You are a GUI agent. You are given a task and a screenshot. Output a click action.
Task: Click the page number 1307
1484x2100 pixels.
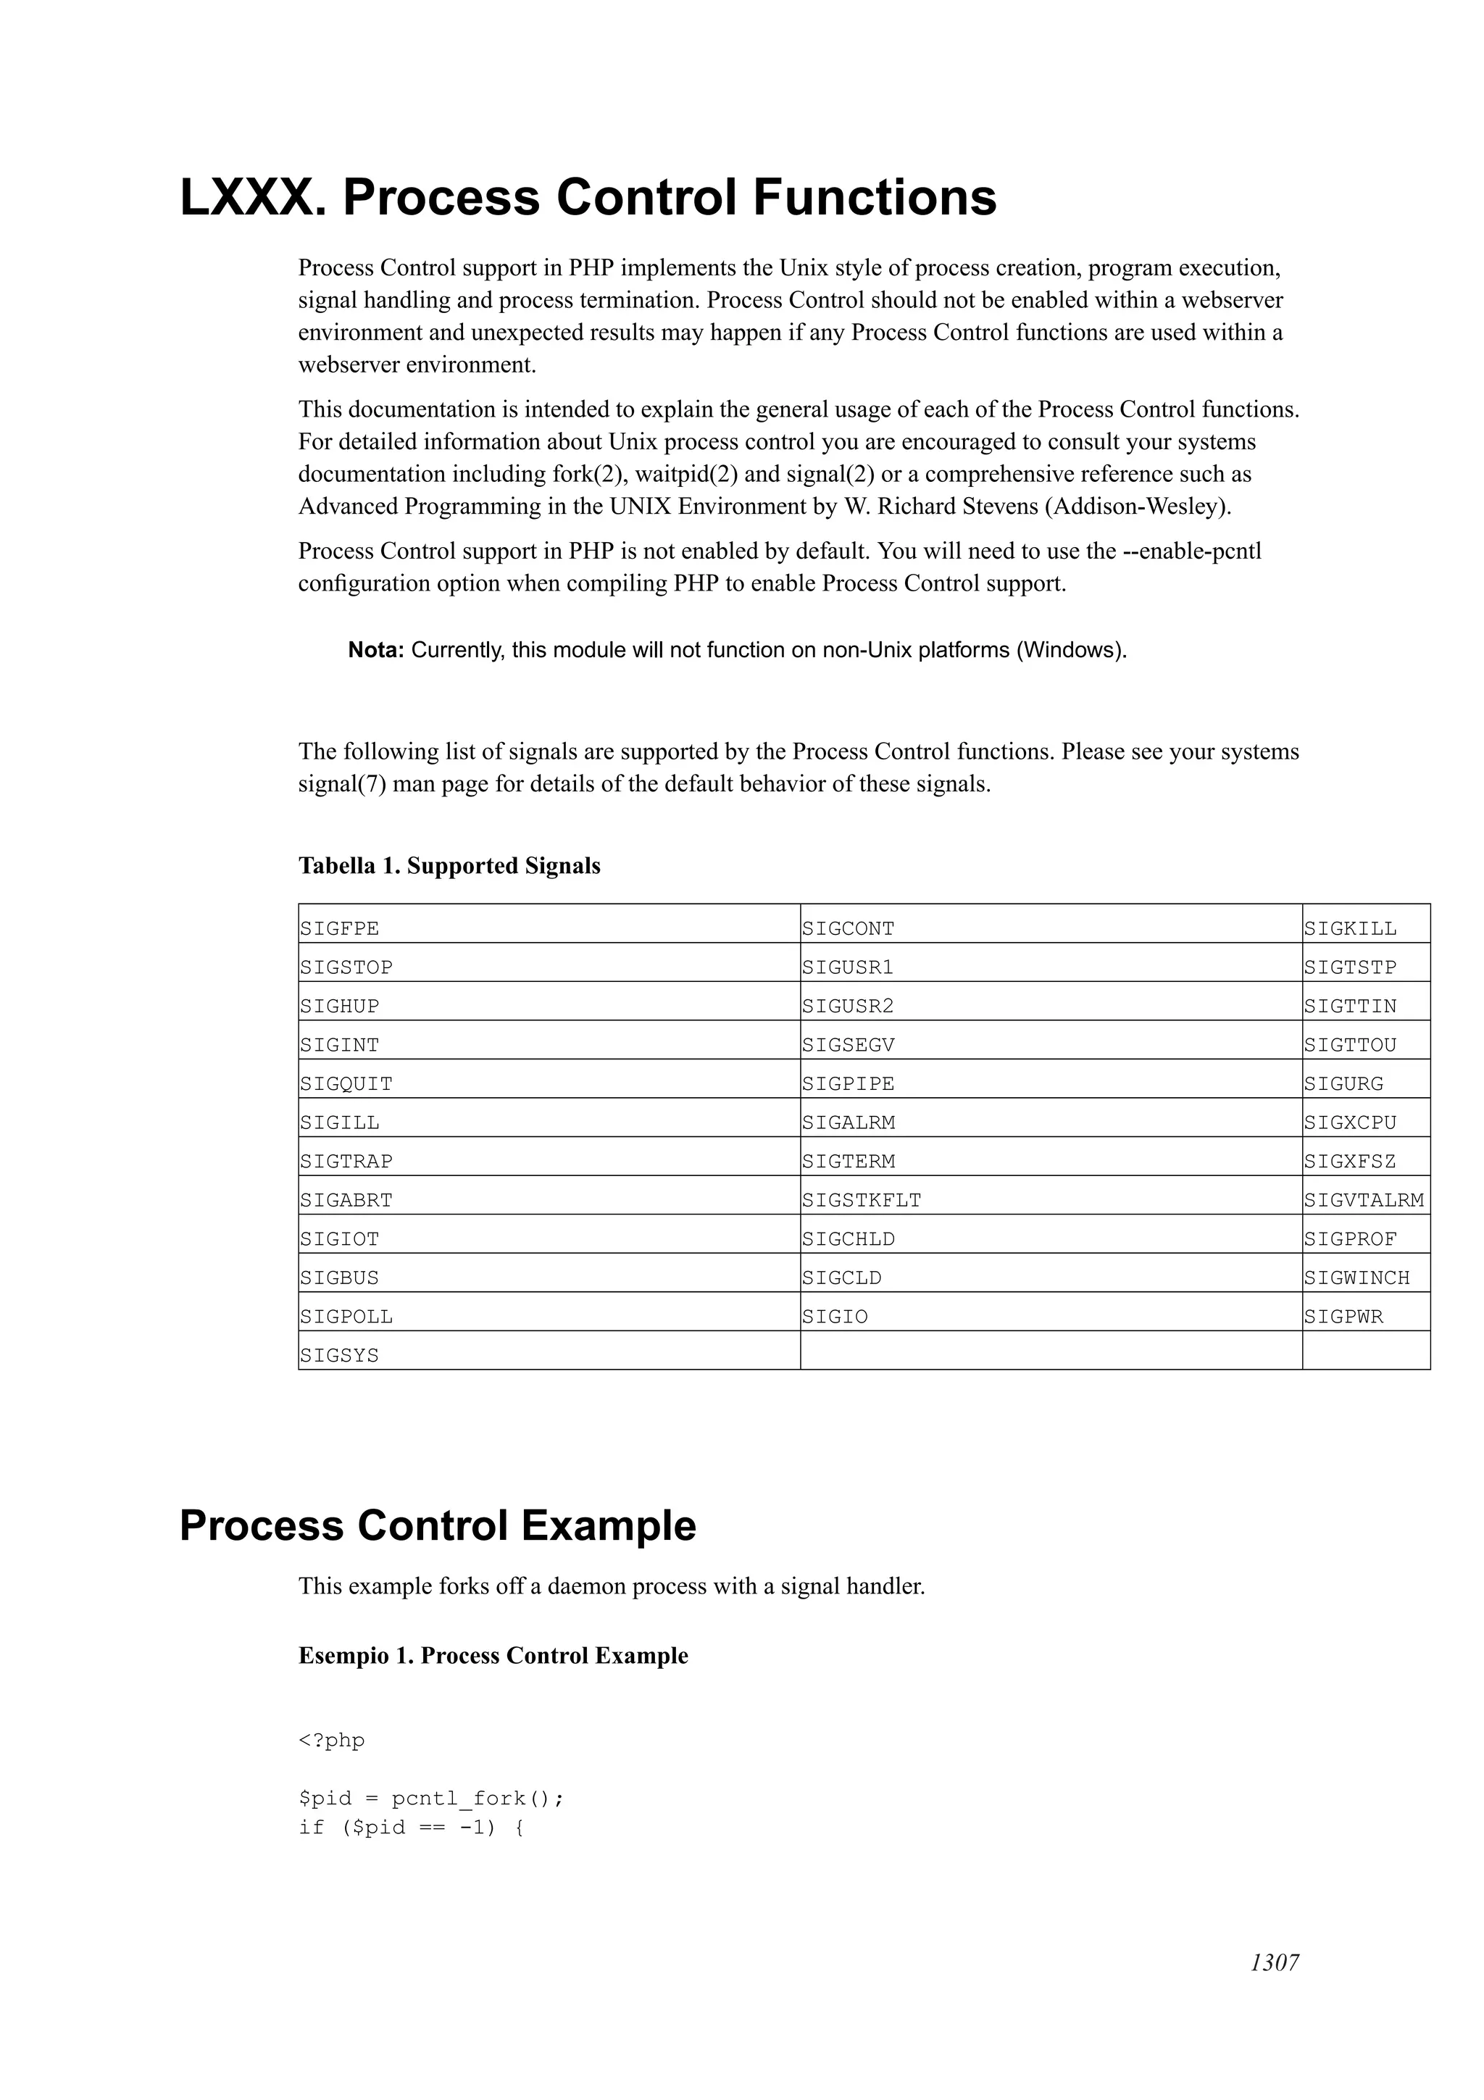[1274, 1988]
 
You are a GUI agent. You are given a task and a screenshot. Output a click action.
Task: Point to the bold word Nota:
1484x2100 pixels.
[376, 650]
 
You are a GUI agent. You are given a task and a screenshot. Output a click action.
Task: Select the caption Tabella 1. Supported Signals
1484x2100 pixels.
[449, 865]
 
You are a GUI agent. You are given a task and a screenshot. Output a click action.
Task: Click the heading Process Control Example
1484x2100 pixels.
[437, 1525]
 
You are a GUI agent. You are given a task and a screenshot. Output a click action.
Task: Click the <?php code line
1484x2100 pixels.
[331, 1740]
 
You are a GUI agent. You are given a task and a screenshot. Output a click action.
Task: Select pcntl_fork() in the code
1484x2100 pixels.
[476, 1798]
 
